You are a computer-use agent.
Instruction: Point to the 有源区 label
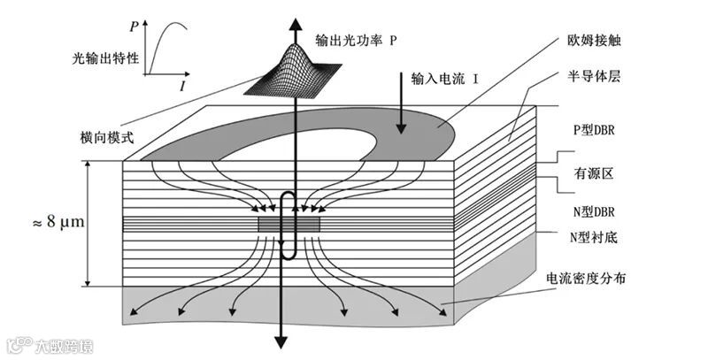596,174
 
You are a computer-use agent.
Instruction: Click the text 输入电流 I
445,79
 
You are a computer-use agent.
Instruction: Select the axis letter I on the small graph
182,87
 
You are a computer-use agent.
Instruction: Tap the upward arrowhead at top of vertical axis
282,11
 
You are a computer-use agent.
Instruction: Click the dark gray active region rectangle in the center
289,225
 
